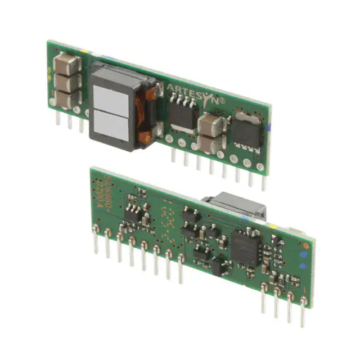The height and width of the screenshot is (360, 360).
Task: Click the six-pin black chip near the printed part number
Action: pos(133,212)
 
